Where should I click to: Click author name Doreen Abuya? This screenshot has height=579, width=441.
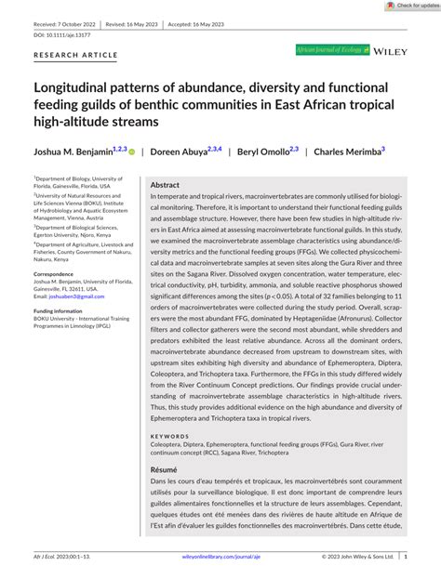click(179, 151)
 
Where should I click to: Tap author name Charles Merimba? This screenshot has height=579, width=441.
click(348, 151)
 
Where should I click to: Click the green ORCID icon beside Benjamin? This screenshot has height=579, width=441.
click(131, 151)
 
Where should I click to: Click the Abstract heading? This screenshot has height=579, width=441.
click(165, 185)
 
